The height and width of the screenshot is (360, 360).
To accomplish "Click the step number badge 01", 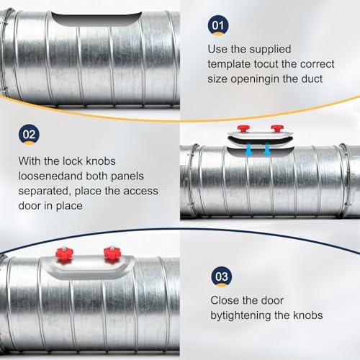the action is tap(218, 25).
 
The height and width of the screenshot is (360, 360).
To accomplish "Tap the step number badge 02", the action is tap(29, 135).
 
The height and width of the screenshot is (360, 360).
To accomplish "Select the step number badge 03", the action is tap(222, 276).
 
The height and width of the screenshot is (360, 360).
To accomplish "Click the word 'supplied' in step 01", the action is tap(270, 50).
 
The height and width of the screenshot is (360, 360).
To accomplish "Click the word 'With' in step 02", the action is tap(30, 161).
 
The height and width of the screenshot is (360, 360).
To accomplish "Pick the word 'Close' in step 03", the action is tap(225, 300).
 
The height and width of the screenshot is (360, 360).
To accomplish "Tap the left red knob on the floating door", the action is tap(243, 128).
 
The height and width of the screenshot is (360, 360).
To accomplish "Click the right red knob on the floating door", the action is tap(277, 128).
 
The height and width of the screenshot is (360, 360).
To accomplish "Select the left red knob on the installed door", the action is tap(64, 254).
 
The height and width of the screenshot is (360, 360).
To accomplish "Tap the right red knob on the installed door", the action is tap(112, 253).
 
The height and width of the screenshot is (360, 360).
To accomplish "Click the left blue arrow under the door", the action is tap(248, 149).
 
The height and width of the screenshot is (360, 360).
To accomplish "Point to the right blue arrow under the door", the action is tap(267, 149).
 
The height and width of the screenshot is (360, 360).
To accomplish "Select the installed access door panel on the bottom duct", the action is tap(89, 267).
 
